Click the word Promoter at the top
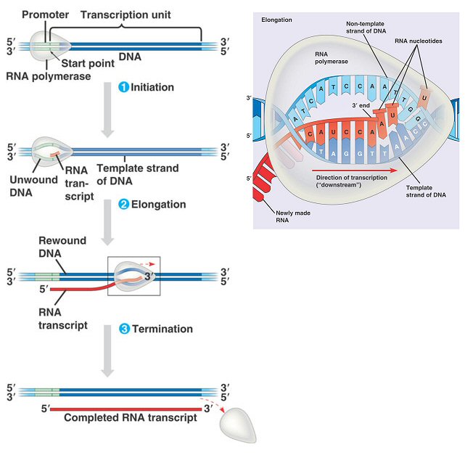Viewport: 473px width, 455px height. tap(45, 15)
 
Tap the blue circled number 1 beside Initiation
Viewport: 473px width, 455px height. tap(123, 87)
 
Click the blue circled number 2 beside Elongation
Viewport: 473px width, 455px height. tap(123, 205)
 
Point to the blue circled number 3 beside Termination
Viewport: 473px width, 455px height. tap(123, 329)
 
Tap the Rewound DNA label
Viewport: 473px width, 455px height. tap(62, 247)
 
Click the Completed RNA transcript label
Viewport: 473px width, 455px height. tap(131, 418)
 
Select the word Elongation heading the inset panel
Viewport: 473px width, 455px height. tap(276, 20)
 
